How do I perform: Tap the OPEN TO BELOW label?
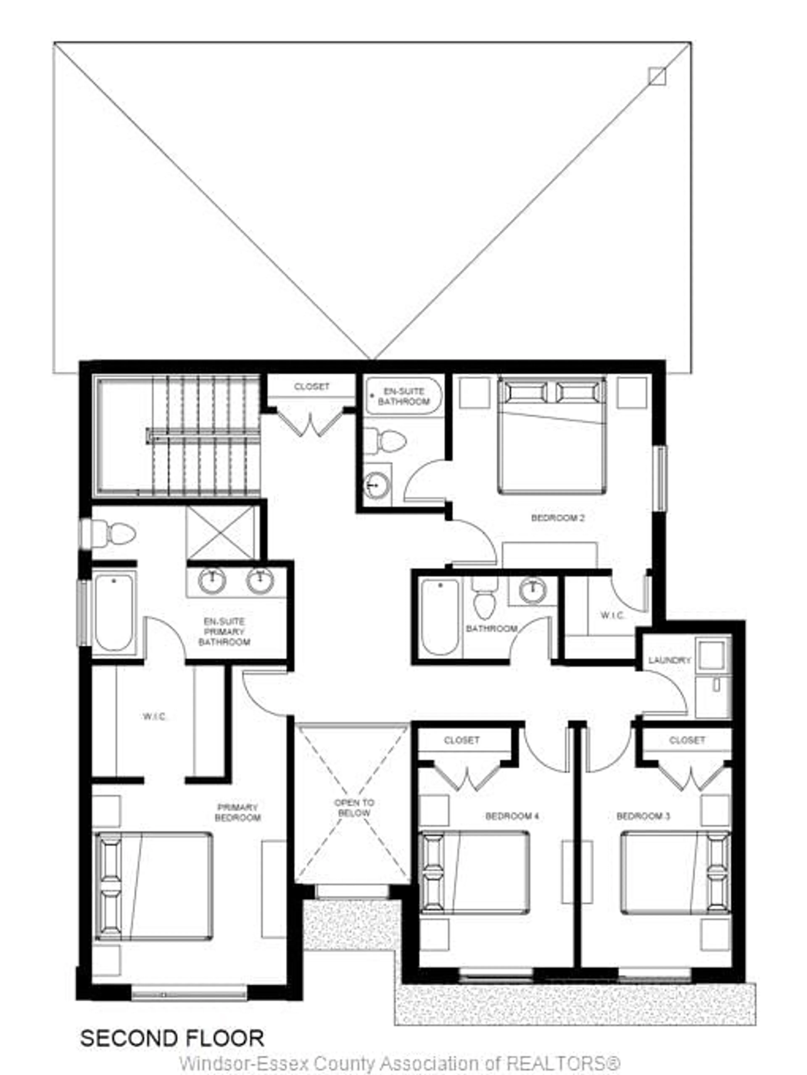click(354, 808)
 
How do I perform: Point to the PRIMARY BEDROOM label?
click(238, 813)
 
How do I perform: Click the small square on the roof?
click(657, 76)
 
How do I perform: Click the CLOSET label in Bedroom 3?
click(687, 740)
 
